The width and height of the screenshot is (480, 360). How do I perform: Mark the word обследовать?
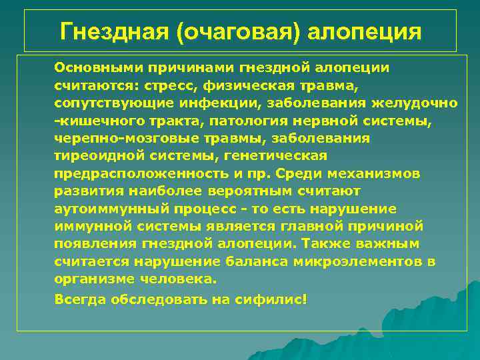[155, 299]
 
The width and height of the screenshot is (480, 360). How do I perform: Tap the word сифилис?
[271, 299]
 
